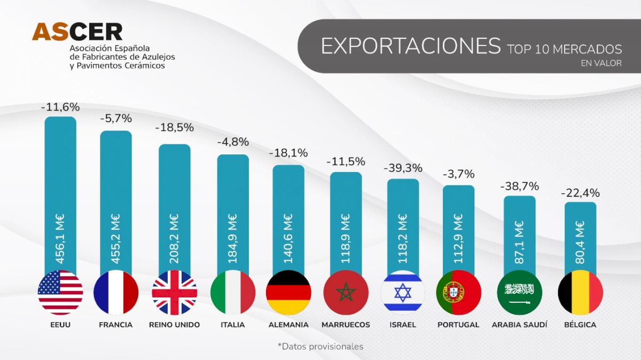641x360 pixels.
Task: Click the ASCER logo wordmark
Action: click(x=77, y=32)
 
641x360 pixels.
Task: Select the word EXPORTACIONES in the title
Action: click(x=410, y=46)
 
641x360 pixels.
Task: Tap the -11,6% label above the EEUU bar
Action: click(x=60, y=107)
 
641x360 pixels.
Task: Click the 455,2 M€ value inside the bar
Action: click(x=115, y=239)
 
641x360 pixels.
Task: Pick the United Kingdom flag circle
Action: click(x=174, y=292)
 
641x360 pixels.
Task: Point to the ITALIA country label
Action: click(x=232, y=325)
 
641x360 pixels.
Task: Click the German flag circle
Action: click(x=288, y=292)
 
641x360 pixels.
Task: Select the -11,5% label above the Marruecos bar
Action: click(x=346, y=161)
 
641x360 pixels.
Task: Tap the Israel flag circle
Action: click(x=403, y=292)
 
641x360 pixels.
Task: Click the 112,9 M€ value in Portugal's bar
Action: click(x=458, y=239)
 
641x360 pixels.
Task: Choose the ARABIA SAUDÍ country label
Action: click(x=519, y=325)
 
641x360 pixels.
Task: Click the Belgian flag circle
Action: click(x=580, y=292)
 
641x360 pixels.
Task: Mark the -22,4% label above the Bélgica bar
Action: click(x=580, y=193)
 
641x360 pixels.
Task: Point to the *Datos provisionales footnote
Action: click(x=320, y=346)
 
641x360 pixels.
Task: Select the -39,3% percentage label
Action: click(x=403, y=168)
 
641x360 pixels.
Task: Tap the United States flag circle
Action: click(x=60, y=292)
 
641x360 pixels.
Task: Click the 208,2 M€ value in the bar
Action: click(x=174, y=239)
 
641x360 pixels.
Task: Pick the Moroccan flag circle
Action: click(x=346, y=292)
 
